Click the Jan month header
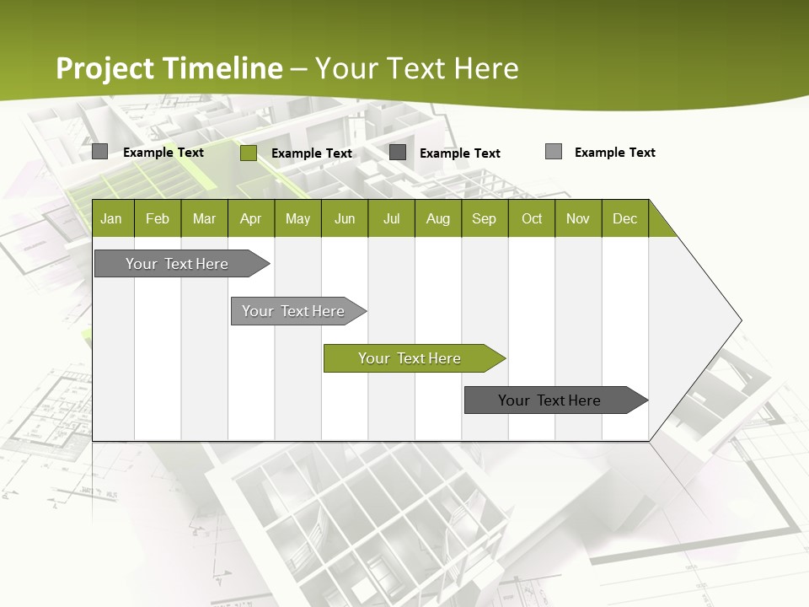pos(111,218)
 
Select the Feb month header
pos(158,218)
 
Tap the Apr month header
pos(250,218)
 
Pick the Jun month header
pos(345,218)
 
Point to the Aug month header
pos(437,218)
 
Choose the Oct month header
pos(532,218)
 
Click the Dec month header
pos(624,218)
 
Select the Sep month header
pos(484,218)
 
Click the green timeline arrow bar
pos(414,358)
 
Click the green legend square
pos(249,153)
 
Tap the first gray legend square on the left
pos(99,152)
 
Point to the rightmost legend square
pos(554,152)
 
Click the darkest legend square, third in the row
pos(398,153)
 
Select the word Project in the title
pos(105,68)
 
